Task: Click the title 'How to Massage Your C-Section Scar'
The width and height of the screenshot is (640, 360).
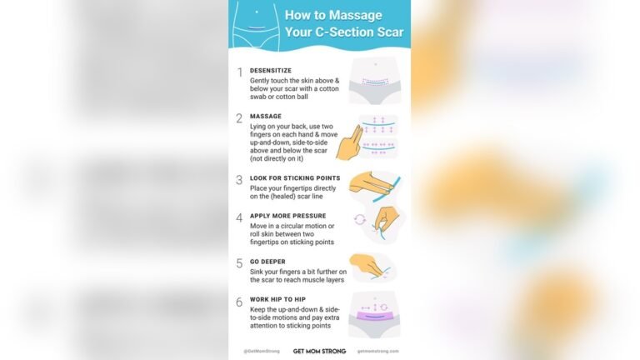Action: [x=344, y=24]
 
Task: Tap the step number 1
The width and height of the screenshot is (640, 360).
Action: [x=239, y=72]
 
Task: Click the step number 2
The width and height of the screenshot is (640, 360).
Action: [x=239, y=118]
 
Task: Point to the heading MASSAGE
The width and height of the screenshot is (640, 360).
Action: [x=266, y=116]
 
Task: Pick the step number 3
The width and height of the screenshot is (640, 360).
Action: [x=239, y=179]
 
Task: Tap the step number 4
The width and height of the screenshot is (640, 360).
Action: [x=239, y=217]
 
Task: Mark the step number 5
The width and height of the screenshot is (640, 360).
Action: [x=239, y=263]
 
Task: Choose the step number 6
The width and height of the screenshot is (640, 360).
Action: [x=239, y=302]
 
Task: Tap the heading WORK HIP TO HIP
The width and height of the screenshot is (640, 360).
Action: [x=283, y=299]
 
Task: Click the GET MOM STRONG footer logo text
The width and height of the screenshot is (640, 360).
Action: [x=319, y=351]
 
